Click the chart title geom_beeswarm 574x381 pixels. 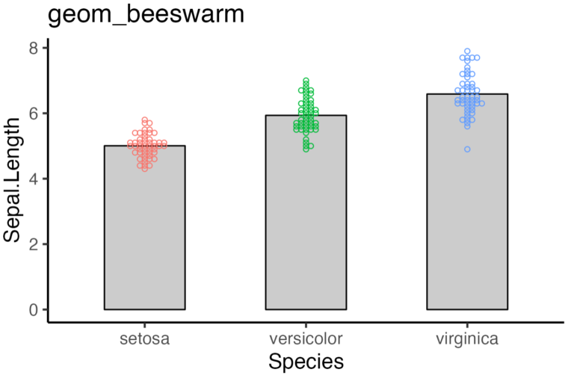pos(146,15)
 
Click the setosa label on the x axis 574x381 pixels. pos(144,339)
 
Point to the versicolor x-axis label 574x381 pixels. pos(306,339)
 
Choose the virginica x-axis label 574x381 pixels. pos(467,339)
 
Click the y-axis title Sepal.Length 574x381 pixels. pos(13,179)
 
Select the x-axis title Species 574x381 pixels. pos(306,362)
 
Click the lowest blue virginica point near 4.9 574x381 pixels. pos(467,149)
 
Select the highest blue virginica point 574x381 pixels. pos(467,52)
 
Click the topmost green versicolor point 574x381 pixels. pos(306,81)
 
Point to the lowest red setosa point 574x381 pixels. pos(144,169)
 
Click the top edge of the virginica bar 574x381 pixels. pos(467,94)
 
